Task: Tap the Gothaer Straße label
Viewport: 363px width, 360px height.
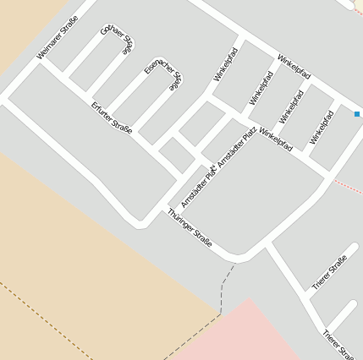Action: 118,39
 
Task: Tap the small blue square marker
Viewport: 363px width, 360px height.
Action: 357,114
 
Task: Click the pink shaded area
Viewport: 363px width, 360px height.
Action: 254,334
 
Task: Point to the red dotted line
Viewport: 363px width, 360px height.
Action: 347,183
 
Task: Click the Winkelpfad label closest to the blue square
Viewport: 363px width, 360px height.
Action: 322,126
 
